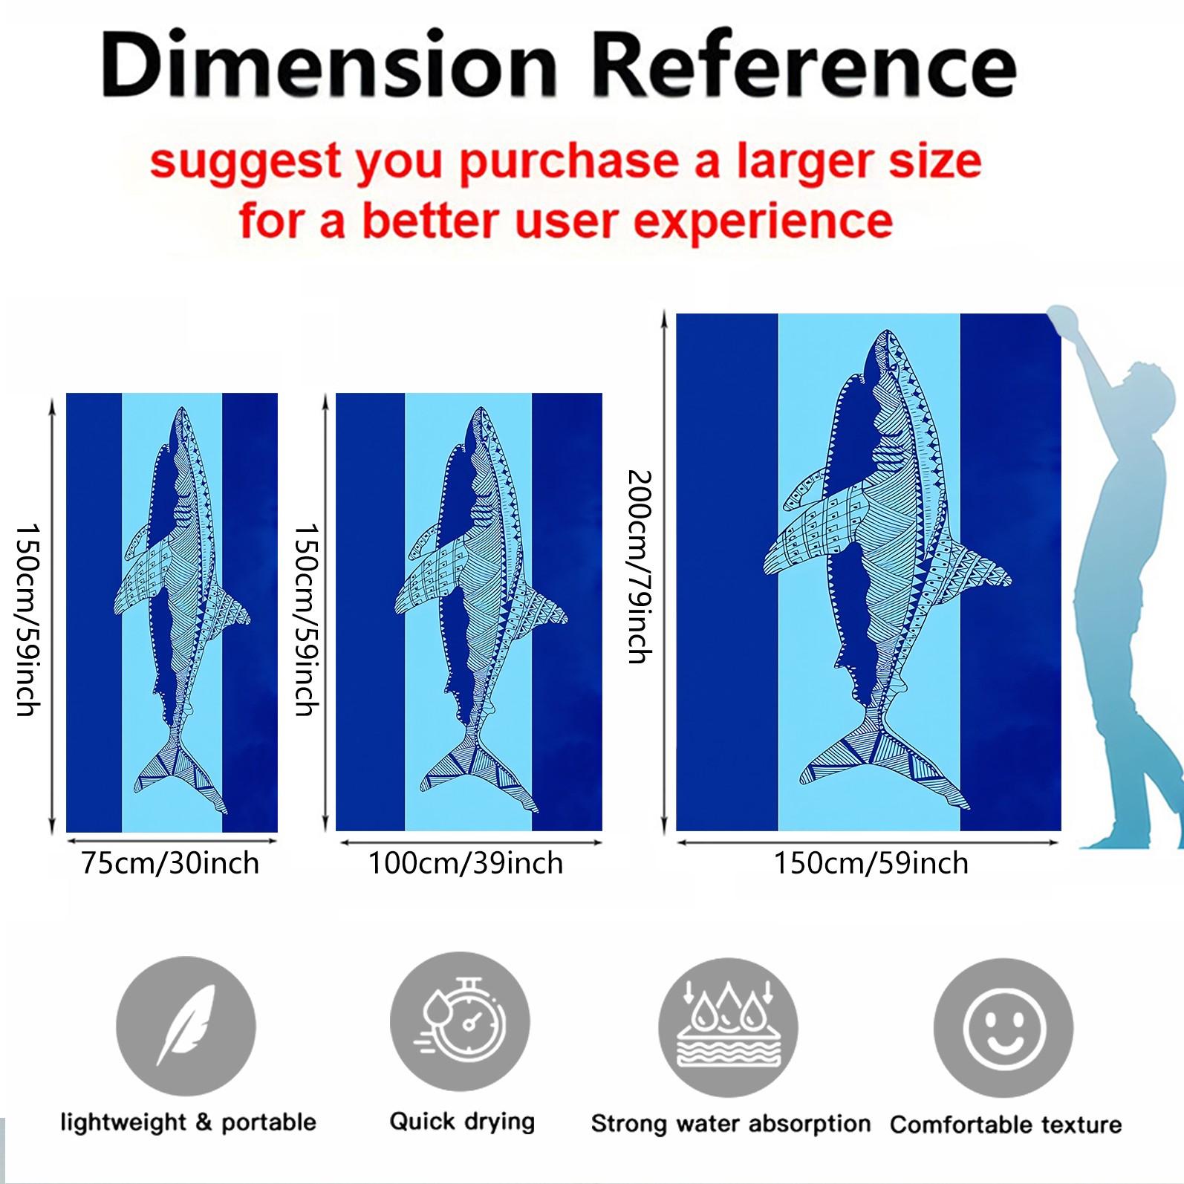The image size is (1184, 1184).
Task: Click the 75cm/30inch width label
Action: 170,863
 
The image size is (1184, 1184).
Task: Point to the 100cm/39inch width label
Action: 466,863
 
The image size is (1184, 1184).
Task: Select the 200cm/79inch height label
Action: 639,566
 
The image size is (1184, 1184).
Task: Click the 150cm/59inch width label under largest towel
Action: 871,863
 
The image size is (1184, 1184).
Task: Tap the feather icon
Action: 186,1027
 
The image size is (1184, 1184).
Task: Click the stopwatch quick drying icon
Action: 460,1022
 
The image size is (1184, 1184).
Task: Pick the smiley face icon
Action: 1004,1028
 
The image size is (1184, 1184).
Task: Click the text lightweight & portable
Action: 189,1122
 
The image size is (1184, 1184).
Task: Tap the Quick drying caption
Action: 462,1122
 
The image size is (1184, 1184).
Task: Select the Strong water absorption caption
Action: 731,1124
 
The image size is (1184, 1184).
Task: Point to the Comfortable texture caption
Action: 1006,1125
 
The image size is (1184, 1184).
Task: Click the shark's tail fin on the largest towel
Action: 884,761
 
